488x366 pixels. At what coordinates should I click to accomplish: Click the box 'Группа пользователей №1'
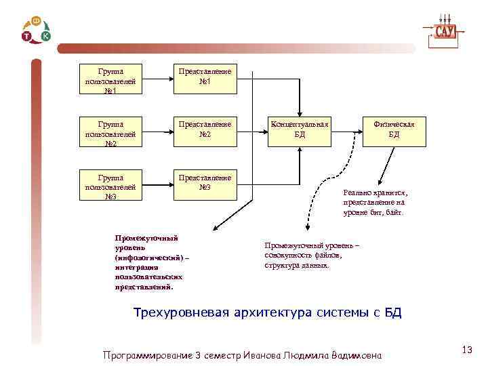pos(110,80)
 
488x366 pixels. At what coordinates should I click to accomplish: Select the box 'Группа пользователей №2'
pos(110,134)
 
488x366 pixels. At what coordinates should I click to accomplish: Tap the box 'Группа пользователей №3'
pos(110,186)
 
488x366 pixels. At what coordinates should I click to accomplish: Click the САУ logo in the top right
pos(444,31)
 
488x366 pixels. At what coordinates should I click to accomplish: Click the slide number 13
pos(466,350)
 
